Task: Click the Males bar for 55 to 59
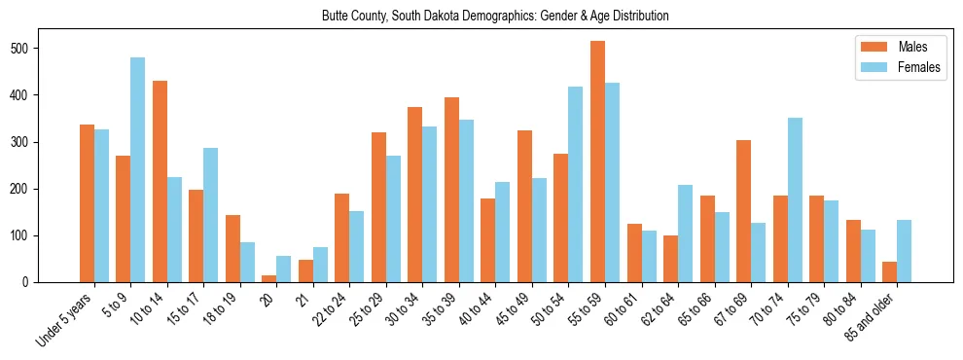(597, 162)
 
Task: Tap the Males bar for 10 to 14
(160, 181)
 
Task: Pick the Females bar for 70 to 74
(795, 200)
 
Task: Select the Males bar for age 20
(269, 278)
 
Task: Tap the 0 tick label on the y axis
(56, 282)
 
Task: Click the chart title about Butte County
(495, 17)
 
